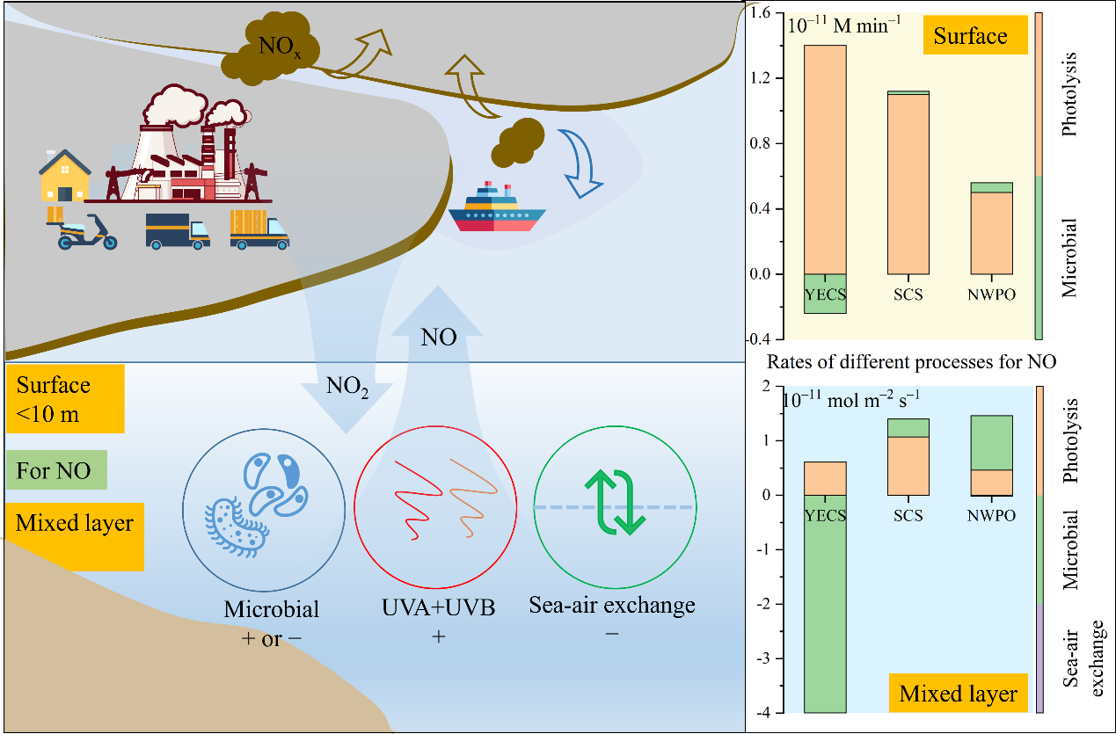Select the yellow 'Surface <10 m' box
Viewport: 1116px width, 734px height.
coord(64,399)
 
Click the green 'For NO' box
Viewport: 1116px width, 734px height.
coord(55,469)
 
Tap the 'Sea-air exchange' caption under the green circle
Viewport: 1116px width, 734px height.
coord(612,605)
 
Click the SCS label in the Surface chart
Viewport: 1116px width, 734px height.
coord(908,294)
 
